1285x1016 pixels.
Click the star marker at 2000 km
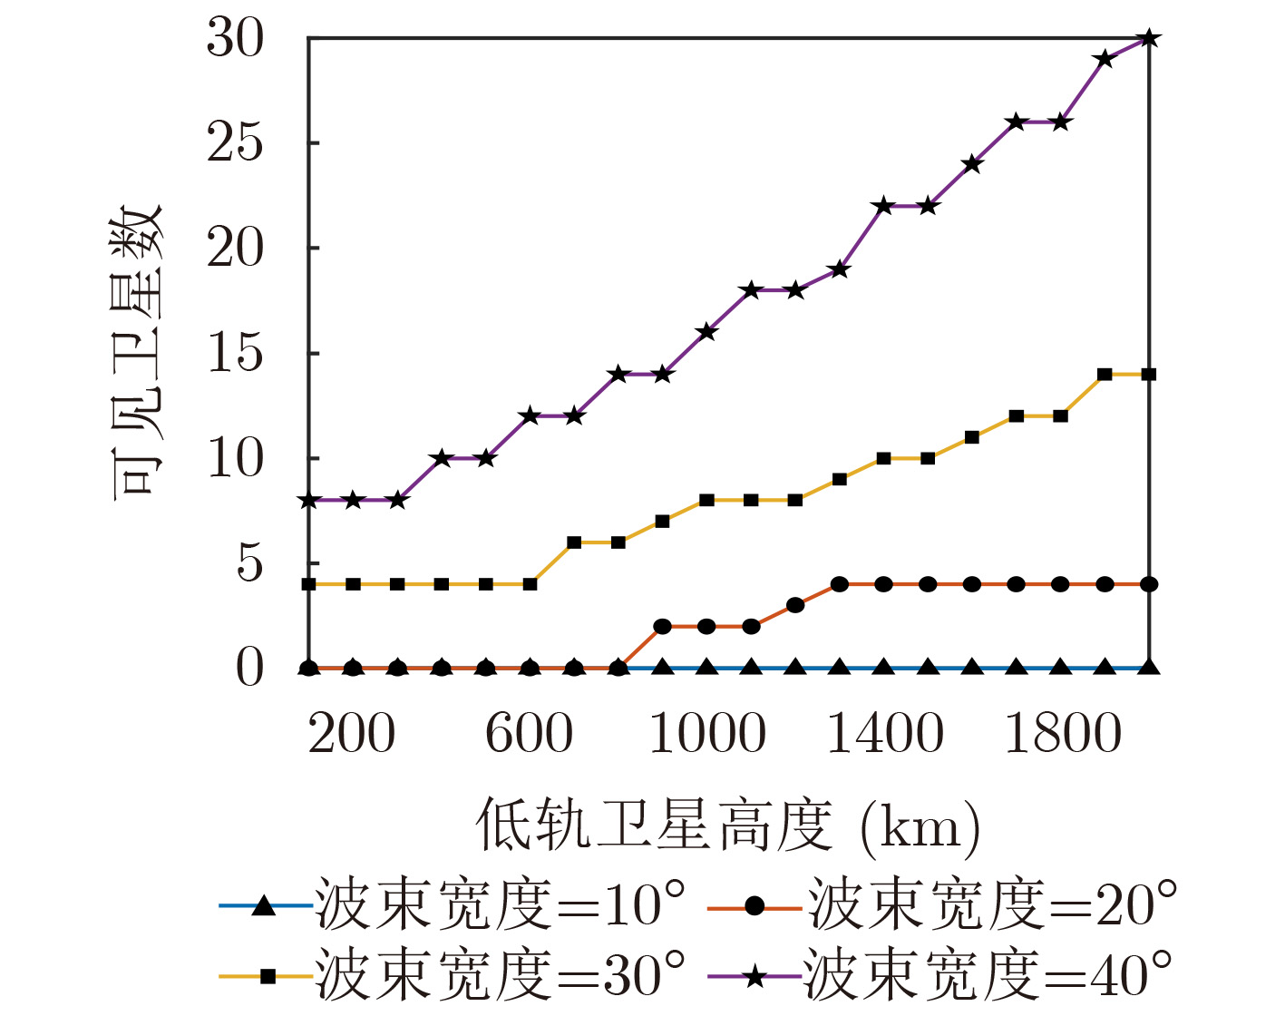click(x=1149, y=38)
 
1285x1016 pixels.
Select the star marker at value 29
click(x=1105, y=59)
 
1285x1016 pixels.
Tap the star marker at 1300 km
click(x=840, y=269)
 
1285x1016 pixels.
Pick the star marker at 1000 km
click(x=707, y=332)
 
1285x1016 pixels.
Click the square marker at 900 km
click(x=662, y=522)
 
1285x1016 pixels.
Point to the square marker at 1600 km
click(x=972, y=437)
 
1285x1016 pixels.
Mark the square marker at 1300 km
click(x=840, y=479)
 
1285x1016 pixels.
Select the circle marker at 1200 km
click(x=795, y=605)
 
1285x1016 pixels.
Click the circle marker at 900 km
click(x=662, y=627)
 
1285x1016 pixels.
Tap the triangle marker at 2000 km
click(x=1149, y=668)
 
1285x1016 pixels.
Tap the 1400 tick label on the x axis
click(x=884, y=734)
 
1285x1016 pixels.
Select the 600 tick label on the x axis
click(x=530, y=734)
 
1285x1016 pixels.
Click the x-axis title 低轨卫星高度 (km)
click(x=728, y=826)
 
